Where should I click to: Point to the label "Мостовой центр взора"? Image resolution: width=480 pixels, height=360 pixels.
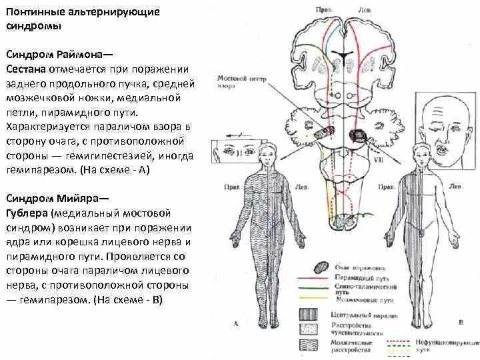point(241,82)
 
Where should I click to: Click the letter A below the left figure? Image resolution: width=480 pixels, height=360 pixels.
point(236,323)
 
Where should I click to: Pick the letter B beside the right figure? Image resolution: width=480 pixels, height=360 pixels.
point(461,323)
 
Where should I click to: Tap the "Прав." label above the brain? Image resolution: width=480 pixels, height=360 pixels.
point(323,10)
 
